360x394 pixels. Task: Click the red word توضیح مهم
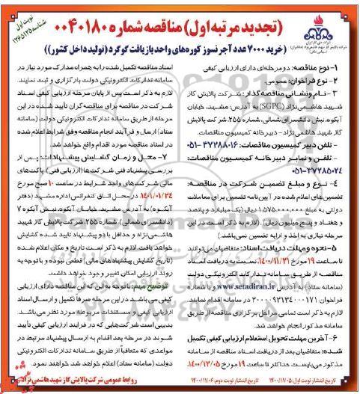tap(159, 286)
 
